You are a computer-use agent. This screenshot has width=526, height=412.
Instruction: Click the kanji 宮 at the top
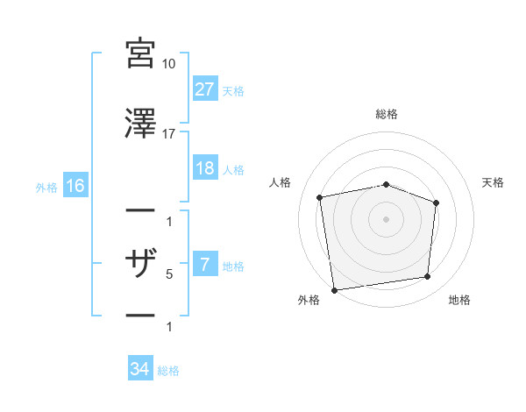[141, 53]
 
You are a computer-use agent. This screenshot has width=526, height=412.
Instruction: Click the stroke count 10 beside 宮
[169, 64]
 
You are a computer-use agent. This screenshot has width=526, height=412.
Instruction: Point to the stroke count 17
[169, 134]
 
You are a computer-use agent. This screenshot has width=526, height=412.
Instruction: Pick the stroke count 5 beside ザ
[169, 274]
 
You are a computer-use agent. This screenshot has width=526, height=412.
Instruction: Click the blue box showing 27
[205, 89]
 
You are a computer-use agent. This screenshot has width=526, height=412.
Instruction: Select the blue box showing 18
[205, 168]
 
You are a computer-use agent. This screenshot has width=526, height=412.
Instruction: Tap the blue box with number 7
[205, 265]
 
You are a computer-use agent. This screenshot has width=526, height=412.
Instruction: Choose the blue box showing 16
[75, 185]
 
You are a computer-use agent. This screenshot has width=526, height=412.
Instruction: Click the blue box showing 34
[139, 369]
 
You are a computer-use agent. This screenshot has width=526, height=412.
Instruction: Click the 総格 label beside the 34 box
[169, 371]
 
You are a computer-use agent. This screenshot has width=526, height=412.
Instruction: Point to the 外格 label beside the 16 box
[46, 187]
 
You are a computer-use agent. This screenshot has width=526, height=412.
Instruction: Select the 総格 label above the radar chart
[387, 114]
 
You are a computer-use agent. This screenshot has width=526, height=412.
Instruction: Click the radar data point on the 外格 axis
[334, 289]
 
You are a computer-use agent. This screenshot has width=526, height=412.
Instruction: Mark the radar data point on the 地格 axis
[428, 277]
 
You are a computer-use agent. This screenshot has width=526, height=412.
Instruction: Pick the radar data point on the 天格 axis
[437, 202]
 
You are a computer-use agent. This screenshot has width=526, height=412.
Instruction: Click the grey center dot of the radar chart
[386, 218]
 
